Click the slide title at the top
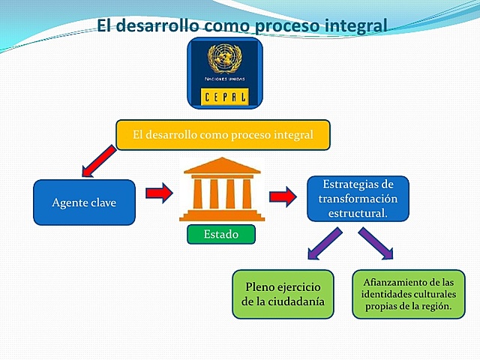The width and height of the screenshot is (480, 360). (242, 26)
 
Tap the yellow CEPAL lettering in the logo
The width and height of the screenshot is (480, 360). (224, 96)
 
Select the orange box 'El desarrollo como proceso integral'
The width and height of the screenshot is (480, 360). (223, 136)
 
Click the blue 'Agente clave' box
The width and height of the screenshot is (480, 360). (84, 202)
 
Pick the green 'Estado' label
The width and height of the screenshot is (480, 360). (220, 234)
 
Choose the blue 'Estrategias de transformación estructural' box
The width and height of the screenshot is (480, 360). (358, 199)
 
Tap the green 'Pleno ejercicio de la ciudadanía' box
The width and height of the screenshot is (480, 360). (282, 294)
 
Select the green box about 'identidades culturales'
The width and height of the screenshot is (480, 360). (408, 294)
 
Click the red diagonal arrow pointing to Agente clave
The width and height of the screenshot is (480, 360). (98, 163)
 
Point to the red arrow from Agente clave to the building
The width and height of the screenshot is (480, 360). (159, 194)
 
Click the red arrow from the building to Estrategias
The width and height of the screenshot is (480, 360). (283, 197)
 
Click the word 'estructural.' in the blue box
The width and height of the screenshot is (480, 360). (358, 213)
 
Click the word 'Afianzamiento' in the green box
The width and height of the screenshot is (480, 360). (408, 280)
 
